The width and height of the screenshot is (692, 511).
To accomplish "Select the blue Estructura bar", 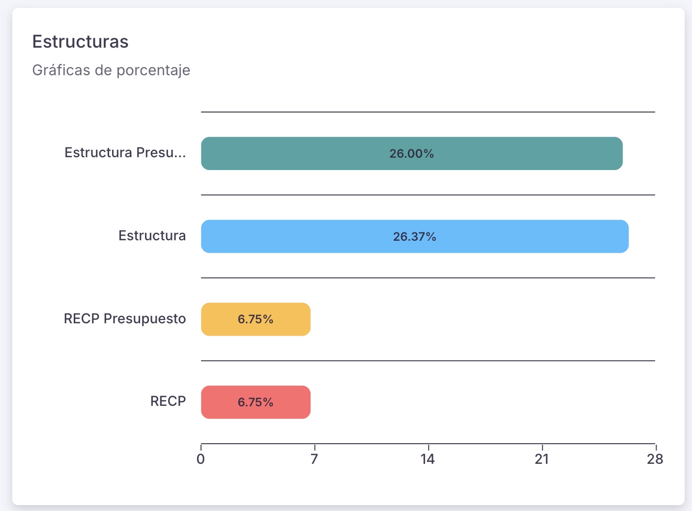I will click(x=516, y=236).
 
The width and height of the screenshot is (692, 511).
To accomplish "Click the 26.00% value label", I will click(x=411, y=154).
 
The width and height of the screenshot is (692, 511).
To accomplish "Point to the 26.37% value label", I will click(x=414, y=237).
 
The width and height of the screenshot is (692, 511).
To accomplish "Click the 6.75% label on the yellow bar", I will click(x=255, y=319).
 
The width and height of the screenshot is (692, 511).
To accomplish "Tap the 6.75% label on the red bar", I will click(x=255, y=402).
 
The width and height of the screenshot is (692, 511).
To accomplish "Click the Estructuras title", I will click(x=80, y=42).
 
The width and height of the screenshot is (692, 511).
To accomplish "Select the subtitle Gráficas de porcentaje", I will click(x=111, y=70).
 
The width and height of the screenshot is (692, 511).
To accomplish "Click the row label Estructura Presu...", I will click(x=125, y=153).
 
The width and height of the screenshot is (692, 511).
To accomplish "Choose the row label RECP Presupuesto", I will click(x=125, y=319).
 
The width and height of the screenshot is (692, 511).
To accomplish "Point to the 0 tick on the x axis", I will click(x=201, y=459).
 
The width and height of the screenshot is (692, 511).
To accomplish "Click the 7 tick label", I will click(x=314, y=459).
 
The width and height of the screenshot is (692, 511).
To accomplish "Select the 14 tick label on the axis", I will click(x=428, y=459).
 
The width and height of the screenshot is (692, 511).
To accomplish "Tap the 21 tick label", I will click(x=542, y=459).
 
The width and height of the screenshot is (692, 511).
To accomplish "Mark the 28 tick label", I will click(x=655, y=459).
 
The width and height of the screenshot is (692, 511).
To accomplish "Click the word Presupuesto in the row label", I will click(x=144, y=319).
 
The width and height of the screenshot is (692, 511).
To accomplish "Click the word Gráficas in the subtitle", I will click(x=61, y=70).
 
